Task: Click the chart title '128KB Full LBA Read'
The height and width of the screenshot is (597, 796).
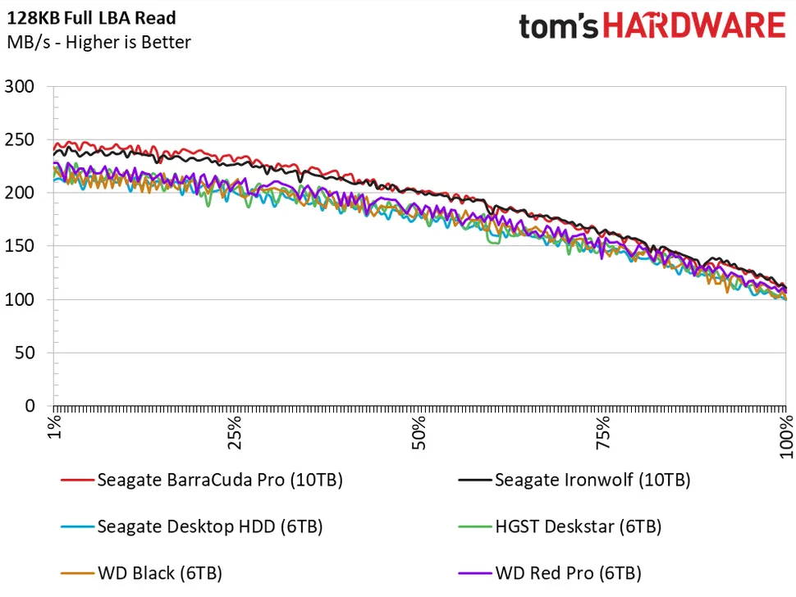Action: coord(91,17)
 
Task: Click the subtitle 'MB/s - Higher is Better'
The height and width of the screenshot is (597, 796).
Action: coord(98,42)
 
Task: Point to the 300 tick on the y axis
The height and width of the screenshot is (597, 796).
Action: coord(20,86)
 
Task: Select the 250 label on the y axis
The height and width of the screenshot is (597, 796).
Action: coord(20,139)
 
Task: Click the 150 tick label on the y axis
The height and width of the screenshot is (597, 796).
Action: coord(20,246)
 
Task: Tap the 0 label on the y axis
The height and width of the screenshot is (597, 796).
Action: coord(30,407)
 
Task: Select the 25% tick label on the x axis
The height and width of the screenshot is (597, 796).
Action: coord(237,431)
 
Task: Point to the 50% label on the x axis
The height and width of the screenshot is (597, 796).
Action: coord(420,431)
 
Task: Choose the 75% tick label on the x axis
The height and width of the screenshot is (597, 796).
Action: coord(603,431)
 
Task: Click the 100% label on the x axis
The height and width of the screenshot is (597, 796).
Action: coord(785,435)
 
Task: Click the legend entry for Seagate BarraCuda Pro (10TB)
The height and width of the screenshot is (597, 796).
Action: coord(219,480)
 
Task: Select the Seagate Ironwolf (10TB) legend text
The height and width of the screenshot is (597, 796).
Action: coord(592,480)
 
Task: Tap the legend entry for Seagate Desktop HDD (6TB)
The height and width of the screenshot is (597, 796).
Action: coord(209,526)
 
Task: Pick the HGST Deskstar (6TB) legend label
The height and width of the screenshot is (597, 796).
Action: coord(577,526)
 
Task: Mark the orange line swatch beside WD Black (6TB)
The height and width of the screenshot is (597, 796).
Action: coord(76,573)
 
